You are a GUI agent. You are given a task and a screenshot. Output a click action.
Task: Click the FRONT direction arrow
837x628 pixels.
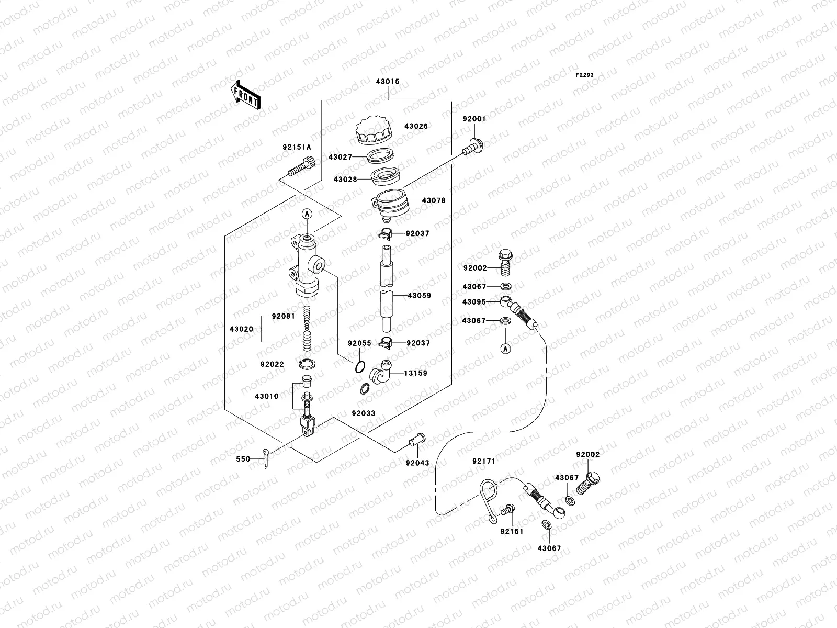click(x=246, y=95)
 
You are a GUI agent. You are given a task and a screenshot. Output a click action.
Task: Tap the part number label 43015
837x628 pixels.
click(x=388, y=82)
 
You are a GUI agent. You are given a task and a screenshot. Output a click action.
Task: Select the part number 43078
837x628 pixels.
click(x=434, y=200)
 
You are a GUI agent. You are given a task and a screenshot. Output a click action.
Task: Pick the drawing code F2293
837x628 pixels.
click(x=585, y=75)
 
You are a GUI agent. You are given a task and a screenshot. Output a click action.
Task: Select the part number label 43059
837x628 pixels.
click(x=419, y=296)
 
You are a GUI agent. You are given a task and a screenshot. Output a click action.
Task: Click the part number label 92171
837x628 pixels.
click(x=483, y=462)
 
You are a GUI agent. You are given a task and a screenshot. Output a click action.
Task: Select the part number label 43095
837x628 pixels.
click(x=474, y=302)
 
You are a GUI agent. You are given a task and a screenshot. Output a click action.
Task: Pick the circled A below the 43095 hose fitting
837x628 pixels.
click(x=506, y=349)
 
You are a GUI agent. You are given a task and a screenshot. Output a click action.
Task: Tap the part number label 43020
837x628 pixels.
click(x=241, y=329)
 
